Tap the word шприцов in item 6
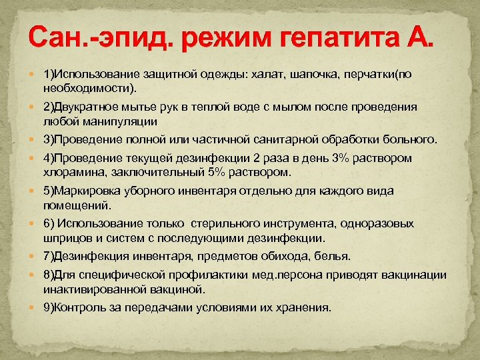pos(64,237)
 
